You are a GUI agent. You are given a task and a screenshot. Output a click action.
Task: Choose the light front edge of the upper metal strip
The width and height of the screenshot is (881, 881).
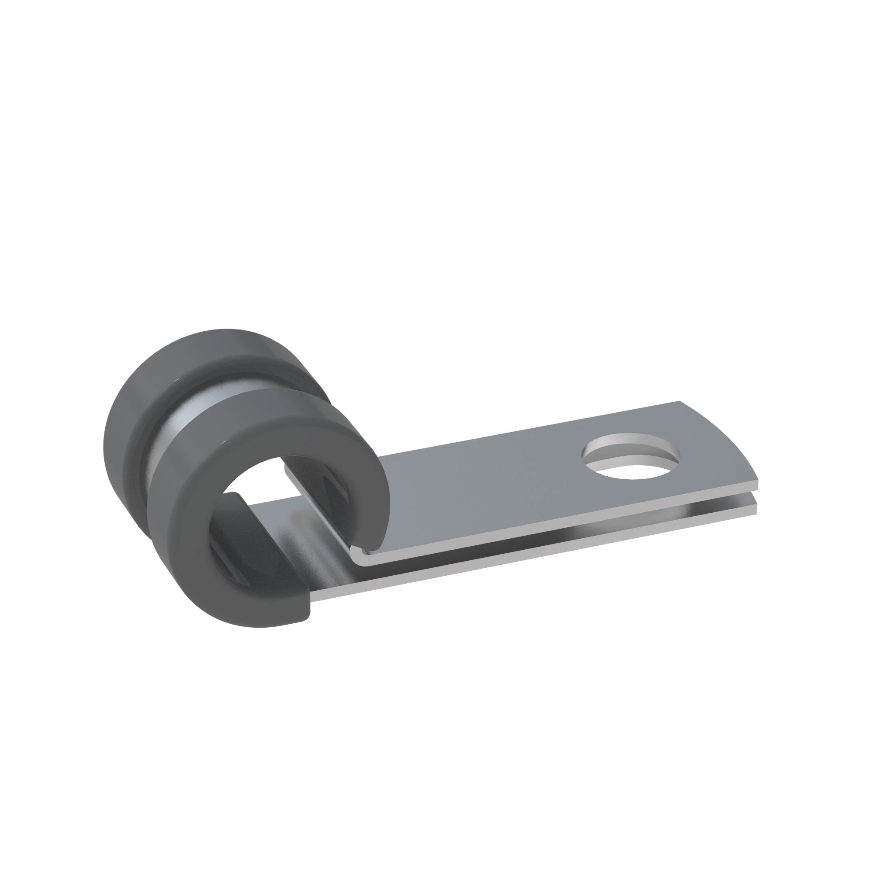coord(547,524)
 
